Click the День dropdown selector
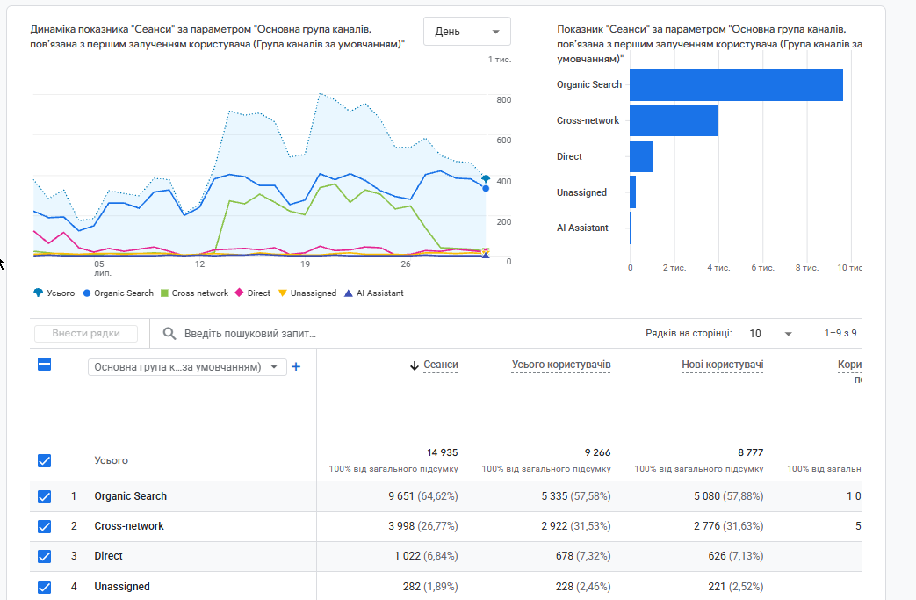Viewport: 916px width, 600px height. [466, 32]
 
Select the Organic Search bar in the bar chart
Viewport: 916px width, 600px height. [736, 84]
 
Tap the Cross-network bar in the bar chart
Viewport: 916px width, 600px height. [674, 120]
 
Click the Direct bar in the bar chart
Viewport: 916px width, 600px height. [641, 156]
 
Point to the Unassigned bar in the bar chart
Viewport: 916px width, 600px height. [632, 192]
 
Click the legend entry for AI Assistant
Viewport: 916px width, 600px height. [374, 293]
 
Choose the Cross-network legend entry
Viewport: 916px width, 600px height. [195, 293]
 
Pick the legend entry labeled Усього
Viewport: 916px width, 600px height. [54, 293]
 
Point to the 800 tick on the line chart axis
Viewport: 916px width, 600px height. [503, 100]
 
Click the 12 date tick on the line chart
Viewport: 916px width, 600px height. [199, 264]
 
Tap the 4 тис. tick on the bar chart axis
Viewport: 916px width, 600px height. [718, 268]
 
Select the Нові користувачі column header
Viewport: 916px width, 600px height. [722, 365]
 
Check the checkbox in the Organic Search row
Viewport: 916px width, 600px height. [45, 496]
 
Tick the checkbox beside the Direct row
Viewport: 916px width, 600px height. [45, 556]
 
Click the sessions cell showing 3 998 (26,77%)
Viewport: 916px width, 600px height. [423, 526]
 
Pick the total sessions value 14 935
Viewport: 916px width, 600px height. [443, 452]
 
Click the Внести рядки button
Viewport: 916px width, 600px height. [86, 334]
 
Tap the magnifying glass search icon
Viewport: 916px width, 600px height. [169, 334]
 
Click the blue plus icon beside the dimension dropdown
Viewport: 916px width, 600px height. [296, 367]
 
